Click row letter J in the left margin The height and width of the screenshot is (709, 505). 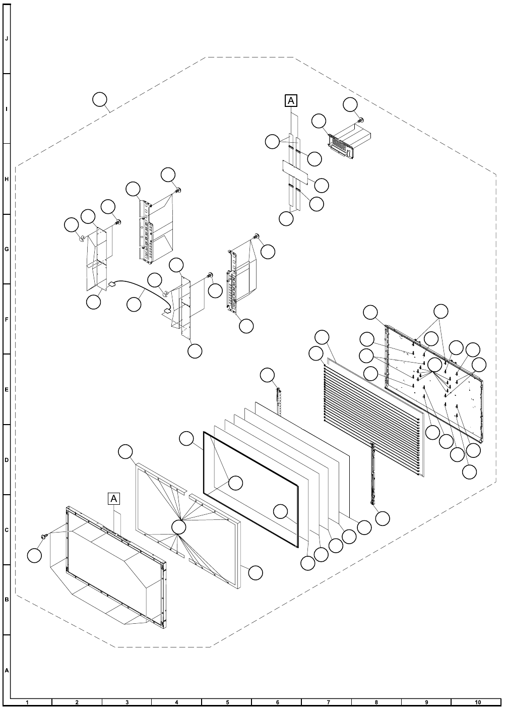[x=7, y=39]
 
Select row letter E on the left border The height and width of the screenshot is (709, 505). [x=7, y=390]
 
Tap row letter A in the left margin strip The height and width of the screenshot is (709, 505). [x=7, y=670]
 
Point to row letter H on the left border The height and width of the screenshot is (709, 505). [x=7, y=180]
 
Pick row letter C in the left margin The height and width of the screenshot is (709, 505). [x=7, y=530]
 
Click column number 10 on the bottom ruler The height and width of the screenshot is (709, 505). [x=477, y=702]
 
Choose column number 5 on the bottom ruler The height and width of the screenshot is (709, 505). [x=227, y=702]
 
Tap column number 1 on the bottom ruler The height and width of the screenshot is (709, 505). [x=27, y=702]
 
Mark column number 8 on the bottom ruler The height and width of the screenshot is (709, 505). [x=377, y=702]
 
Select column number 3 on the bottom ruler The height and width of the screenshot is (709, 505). [x=127, y=702]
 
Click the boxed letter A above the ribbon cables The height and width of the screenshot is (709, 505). [x=291, y=101]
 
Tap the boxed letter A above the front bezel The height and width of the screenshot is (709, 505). [x=114, y=498]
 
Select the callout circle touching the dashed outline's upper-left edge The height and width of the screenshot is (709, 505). [x=100, y=100]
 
